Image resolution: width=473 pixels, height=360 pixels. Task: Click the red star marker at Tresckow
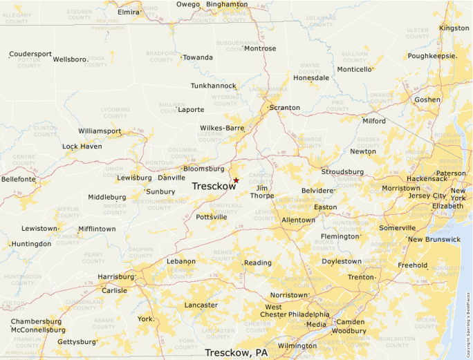click(236, 180)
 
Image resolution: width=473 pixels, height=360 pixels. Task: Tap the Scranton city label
click(284, 108)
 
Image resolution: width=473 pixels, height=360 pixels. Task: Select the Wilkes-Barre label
click(222, 128)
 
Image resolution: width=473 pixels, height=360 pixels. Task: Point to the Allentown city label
click(298, 220)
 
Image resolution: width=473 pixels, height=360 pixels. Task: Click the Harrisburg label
click(115, 276)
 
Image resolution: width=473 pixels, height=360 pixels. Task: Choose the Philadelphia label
click(309, 314)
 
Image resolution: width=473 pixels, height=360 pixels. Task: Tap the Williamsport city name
click(100, 131)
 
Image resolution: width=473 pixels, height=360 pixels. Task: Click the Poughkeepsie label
click(432, 56)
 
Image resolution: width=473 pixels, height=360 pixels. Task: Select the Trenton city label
click(360, 276)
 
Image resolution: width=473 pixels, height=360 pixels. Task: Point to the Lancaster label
click(201, 305)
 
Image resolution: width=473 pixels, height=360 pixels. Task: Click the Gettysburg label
click(76, 341)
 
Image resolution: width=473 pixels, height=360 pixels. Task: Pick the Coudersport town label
click(31, 54)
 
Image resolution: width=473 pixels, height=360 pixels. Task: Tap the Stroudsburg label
click(342, 171)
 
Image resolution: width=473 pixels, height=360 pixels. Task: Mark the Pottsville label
click(211, 217)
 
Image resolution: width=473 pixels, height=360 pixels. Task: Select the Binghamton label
click(227, 4)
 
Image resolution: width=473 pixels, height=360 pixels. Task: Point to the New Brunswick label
click(434, 239)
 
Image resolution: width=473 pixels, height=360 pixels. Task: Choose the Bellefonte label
click(19, 179)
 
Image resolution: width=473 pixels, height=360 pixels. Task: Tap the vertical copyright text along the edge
click(468, 324)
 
